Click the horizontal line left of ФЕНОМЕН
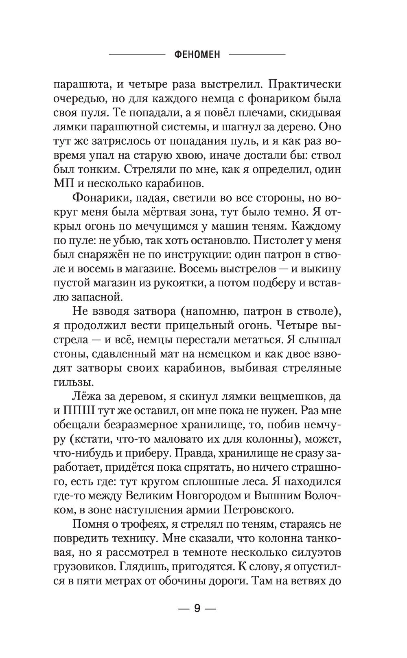(136, 54)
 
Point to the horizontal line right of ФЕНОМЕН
(257, 54)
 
